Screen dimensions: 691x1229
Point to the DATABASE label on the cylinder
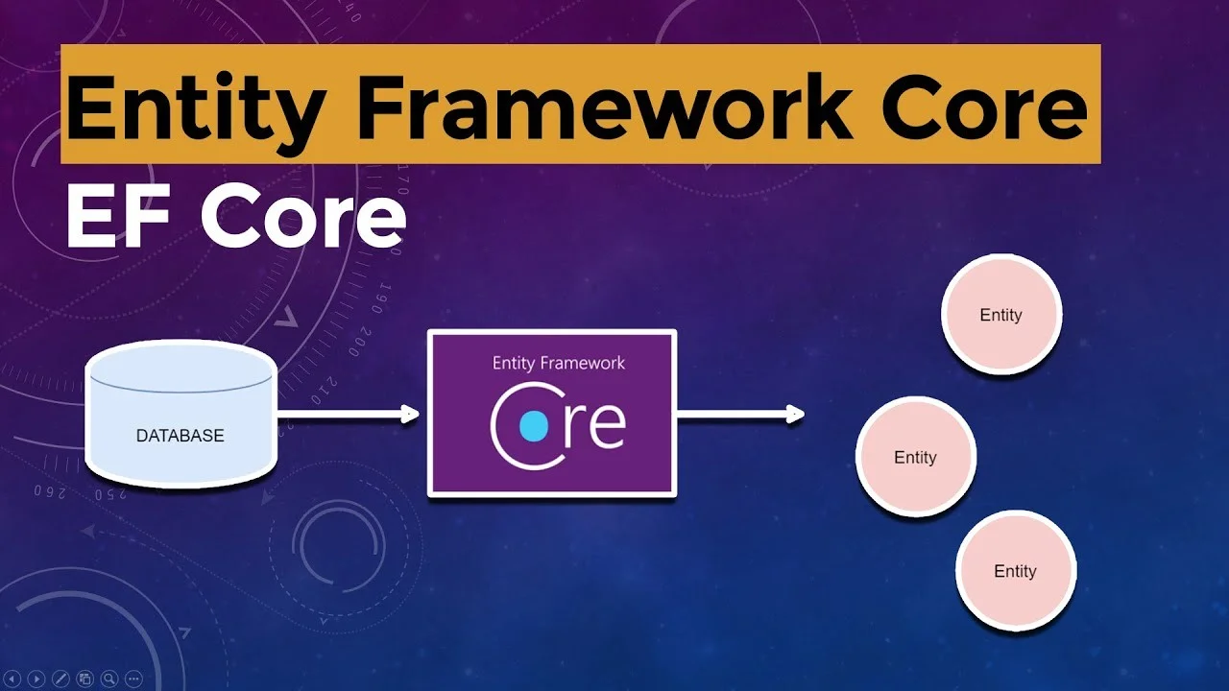coord(180,436)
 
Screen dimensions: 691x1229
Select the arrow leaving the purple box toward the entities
coord(740,415)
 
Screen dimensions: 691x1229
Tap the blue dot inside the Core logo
coord(533,426)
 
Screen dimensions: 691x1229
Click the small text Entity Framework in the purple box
coord(558,363)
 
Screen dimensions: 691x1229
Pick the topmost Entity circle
coord(1000,315)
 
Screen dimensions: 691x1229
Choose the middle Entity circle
coord(915,458)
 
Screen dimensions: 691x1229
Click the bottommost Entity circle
coord(1015,571)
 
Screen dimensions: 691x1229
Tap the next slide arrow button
coord(37,679)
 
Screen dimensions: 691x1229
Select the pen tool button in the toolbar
coord(61,679)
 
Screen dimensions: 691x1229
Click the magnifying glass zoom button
coord(109,679)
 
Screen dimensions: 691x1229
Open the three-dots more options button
coord(133,679)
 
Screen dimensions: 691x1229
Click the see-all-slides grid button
coord(85,679)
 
